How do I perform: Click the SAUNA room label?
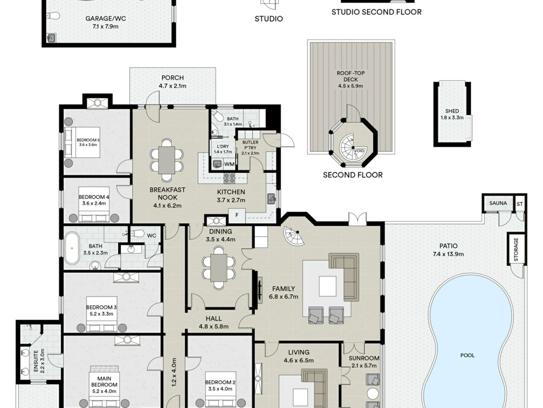[498, 203]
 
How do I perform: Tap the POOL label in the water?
[467, 355]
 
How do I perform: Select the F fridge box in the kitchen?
[237, 215]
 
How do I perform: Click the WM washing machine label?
[229, 164]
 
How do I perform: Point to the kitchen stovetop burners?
[229, 178]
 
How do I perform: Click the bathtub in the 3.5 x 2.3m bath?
[72, 248]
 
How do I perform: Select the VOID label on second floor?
[359, 151]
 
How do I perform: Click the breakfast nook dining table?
[167, 160]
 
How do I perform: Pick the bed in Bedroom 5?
[82, 142]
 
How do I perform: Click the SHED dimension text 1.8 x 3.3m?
[452, 117]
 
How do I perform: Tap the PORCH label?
[173, 78]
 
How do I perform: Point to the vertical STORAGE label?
[516, 249]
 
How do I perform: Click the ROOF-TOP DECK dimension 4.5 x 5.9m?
[351, 86]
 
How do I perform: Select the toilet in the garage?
[53, 15]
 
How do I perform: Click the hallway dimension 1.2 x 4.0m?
[174, 372]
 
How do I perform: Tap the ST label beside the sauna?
[519, 204]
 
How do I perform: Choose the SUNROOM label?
[364, 358]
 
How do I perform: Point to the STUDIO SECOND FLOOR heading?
[376, 12]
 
